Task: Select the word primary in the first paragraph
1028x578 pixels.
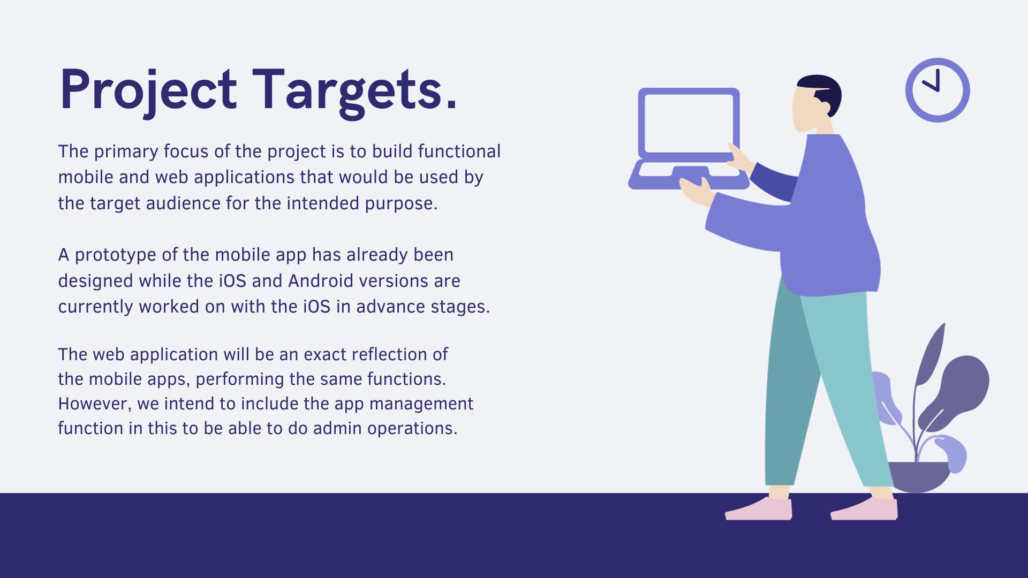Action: tap(126, 152)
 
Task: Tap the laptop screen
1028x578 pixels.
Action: tap(689, 124)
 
